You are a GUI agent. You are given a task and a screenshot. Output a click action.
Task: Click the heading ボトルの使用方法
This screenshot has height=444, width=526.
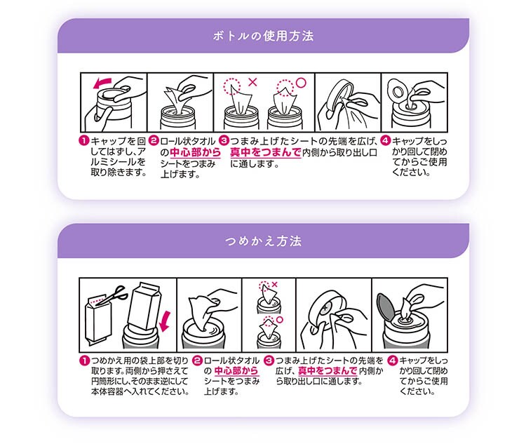pos(263,36)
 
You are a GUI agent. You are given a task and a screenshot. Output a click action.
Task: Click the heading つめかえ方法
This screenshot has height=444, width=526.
pos(263,241)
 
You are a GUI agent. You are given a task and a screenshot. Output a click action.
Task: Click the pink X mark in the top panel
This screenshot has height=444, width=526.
pos(252,82)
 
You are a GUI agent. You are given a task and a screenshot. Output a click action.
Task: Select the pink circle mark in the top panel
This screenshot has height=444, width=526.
pos(302,83)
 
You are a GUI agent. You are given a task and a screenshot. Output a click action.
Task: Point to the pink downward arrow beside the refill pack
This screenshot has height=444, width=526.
pos(165,321)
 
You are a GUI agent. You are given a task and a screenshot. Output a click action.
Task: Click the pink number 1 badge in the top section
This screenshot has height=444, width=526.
pos(84,140)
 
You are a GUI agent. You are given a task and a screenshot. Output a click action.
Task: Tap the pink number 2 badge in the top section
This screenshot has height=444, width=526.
pos(154,140)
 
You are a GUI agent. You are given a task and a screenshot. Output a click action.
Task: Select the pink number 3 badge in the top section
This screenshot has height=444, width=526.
pos(224,140)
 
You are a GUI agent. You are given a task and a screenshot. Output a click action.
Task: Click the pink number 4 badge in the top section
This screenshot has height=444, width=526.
pos(386,140)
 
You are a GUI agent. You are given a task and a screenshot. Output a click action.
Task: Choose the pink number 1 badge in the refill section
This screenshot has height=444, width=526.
pos(85,361)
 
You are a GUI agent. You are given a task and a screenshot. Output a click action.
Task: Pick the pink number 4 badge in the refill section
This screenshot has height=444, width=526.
pos(393,361)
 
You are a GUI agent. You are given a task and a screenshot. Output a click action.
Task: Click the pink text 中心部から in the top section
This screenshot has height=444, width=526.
pos(195,152)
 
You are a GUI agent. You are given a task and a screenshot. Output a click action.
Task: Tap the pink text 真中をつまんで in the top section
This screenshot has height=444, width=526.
pos(265,152)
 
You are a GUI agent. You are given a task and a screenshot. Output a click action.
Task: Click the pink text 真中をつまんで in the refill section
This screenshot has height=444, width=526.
pos(328,371)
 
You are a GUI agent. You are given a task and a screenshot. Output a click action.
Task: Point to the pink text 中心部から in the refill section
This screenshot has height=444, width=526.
pos(236,371)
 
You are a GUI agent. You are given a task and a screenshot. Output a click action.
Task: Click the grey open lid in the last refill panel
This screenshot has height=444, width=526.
pos(386,307)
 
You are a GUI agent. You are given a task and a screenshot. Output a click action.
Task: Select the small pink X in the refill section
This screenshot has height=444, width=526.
pos(275,285)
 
